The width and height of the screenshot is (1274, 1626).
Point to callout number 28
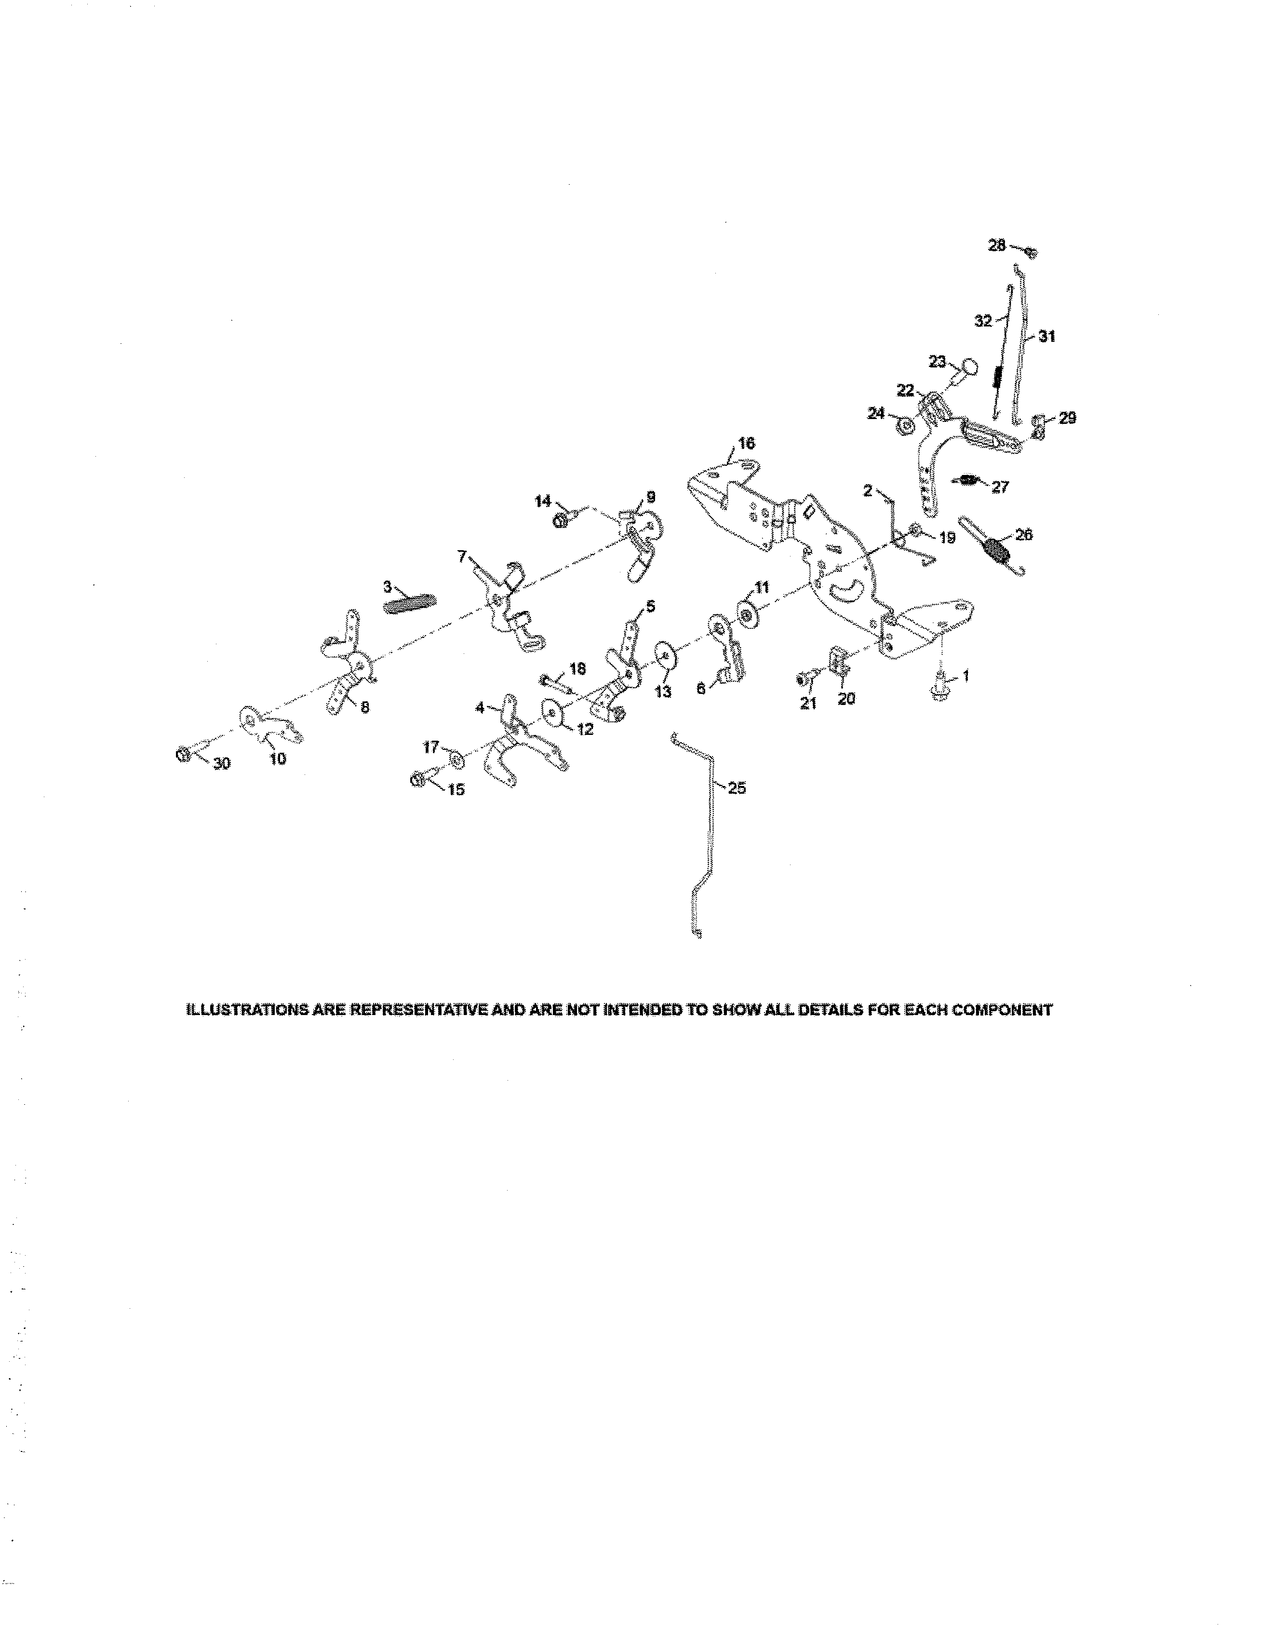[996, 245]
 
